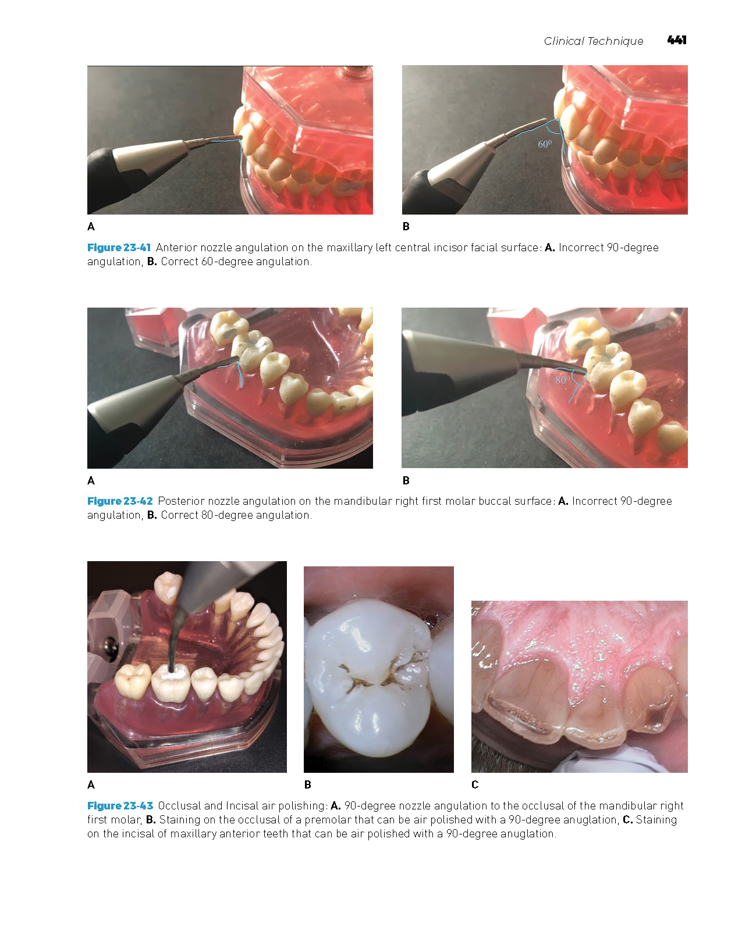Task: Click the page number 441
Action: [x=676, y=40]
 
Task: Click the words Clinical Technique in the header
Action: [x=593, y=41]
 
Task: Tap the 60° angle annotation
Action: [x=545, y=144]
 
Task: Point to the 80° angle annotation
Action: [x=562, y=380]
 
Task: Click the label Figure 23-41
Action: [x=119, y=248]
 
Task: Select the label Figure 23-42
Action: [x=120, y=501]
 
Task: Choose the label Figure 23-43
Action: [x=120, y=806]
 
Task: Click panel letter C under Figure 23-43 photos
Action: [x=475, y=785]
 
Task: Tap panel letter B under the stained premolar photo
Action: [x=308, y=785]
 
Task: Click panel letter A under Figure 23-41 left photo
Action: [x=91, y=226]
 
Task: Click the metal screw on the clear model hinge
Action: [x=109, y=645]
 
